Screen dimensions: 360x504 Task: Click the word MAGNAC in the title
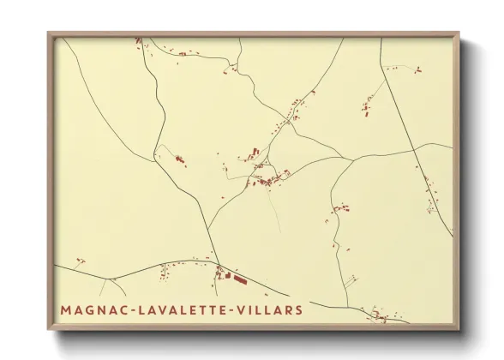click(87, 309)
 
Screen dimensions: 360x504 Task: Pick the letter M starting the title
click(66, 309)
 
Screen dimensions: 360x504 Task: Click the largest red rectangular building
click(238, 279)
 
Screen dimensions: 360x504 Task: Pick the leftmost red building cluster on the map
click(79, 260)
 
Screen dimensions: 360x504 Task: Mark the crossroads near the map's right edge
click(415, 149)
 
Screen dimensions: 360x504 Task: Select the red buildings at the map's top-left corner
click(139, 41)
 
